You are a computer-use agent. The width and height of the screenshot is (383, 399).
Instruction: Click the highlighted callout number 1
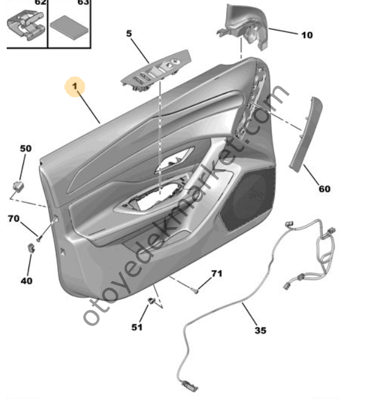tap(75, 88)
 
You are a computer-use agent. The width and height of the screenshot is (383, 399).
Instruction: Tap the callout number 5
tap(129, 33)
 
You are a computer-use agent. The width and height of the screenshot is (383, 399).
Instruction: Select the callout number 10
tap(306, 35)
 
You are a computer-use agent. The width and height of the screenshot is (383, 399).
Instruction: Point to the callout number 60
tap(325, 189)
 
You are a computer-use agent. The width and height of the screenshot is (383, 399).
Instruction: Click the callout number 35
tap(260, 330)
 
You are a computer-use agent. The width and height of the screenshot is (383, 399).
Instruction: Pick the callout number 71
tap(217, 274)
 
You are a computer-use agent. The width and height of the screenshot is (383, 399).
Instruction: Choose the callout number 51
tap(137, 327)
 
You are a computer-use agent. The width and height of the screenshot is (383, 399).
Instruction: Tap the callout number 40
tap(27, 281)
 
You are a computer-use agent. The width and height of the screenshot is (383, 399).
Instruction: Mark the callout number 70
tap(13, 218)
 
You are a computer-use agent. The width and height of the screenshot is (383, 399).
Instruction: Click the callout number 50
tap(25, 148)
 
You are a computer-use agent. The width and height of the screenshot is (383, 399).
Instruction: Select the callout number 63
tap(83, 2)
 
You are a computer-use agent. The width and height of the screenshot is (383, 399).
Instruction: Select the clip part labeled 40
tap(30, 247)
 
